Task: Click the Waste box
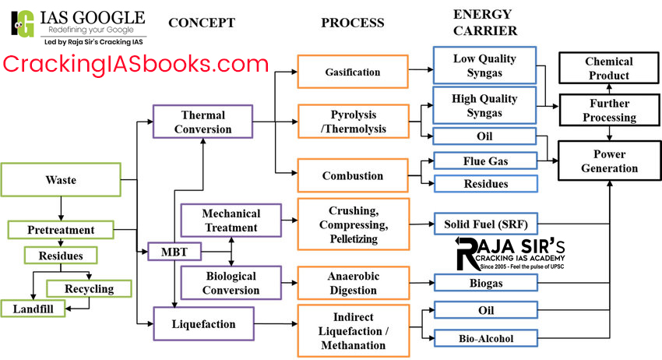tap(60, 179)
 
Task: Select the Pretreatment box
tap(61, 230)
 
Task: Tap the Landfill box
tap(33, 309)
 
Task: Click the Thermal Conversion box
tap(202, 122)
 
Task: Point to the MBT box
tap(175, 252)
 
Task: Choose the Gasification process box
tap(353, 72)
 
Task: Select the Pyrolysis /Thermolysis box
tap(353, 122)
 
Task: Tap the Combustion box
tap(353, 175)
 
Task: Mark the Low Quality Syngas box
tap(486, 67)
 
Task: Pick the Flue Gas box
tap(486, 161)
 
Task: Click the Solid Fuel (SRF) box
tap(486, 224)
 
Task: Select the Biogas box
tap(486, 282)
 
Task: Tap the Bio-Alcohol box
tap(486, 337)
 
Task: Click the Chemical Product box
tap(609, 69)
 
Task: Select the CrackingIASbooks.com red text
tap(136, 64)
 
